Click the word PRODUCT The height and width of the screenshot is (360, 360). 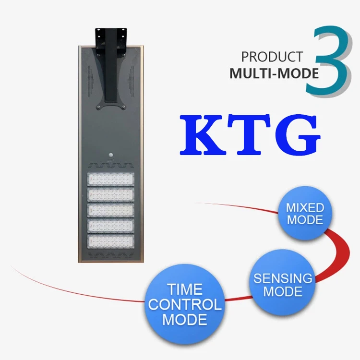pyautogui.click(x=272, y=57)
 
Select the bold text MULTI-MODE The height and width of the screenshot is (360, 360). pyautogui.click(x=274, y=73)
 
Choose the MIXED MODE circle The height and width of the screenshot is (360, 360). pyautogui.click(x=305, y=214)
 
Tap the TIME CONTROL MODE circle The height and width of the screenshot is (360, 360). pyautogui.click(x=185, y=304)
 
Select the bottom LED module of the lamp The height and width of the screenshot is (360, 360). pyautogui.click(x=110, y=241)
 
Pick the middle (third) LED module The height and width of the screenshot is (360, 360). pyautogui.click(x=110, y=210)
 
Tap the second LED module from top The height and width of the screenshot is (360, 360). pyautogui.click(x=110, y=195)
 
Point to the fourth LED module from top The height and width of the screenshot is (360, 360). pyautogui.click(x=110, y=226)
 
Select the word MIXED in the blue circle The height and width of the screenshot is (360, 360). pyautogui.click(x=305, y=208)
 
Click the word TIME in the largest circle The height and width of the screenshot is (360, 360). pyautogui.click(x=185, y=289)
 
